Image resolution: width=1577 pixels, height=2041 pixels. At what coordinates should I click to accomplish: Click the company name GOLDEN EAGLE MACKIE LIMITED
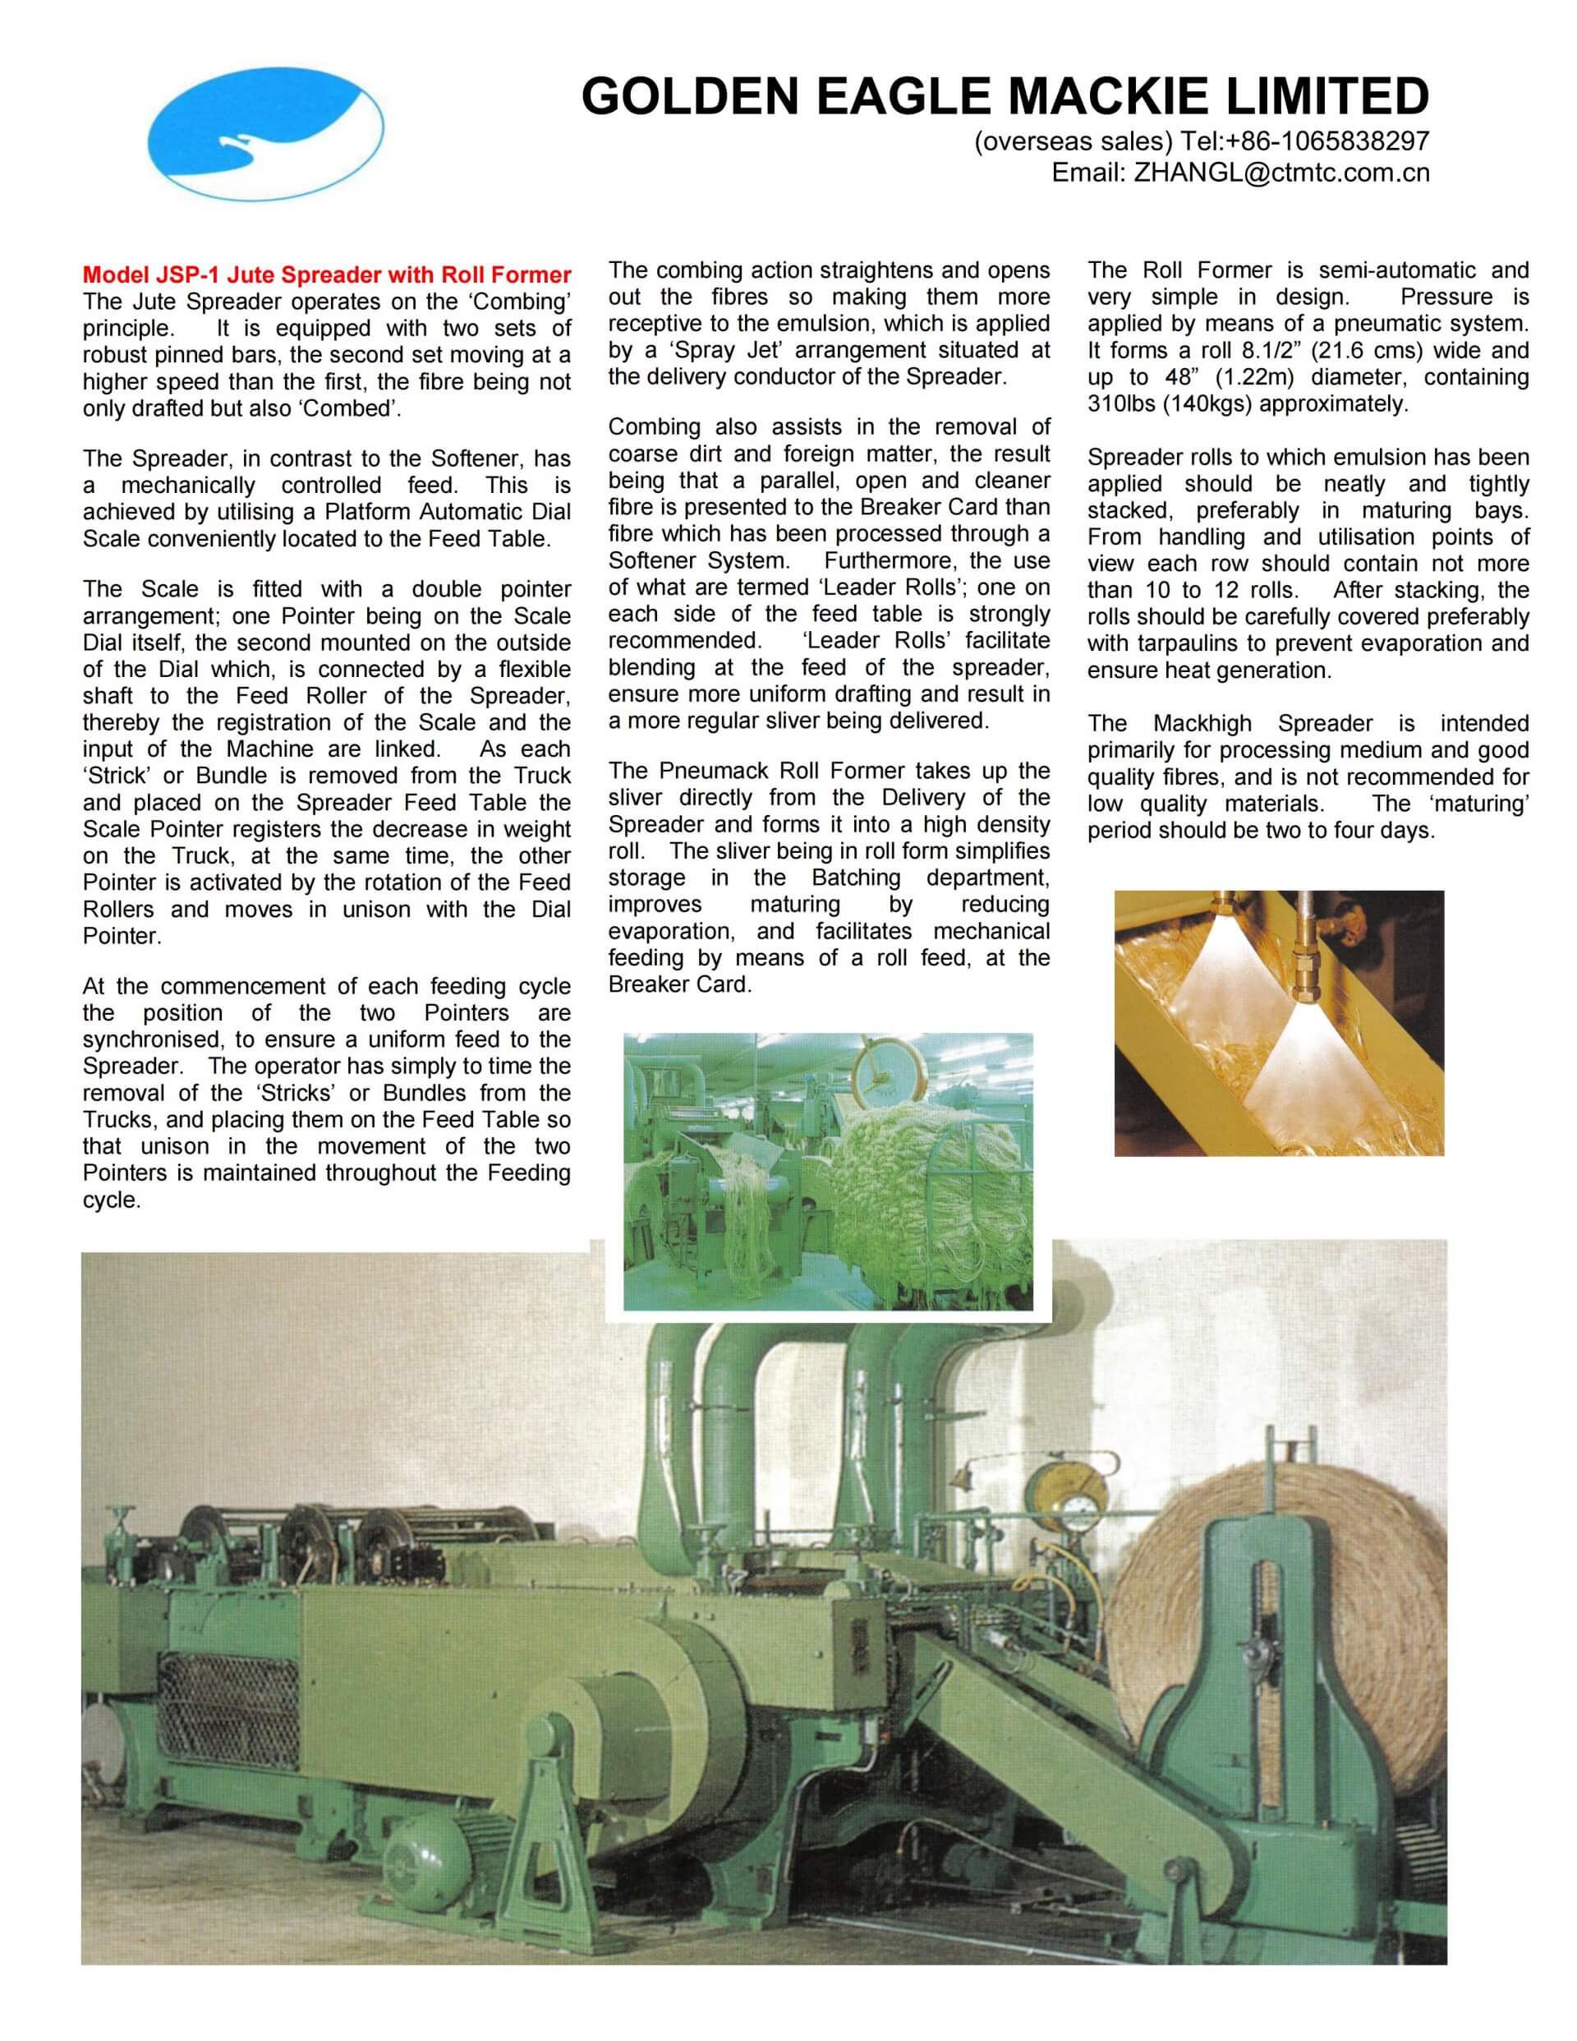1005,96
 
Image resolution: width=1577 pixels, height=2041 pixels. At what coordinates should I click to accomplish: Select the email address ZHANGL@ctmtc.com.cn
1280,173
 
